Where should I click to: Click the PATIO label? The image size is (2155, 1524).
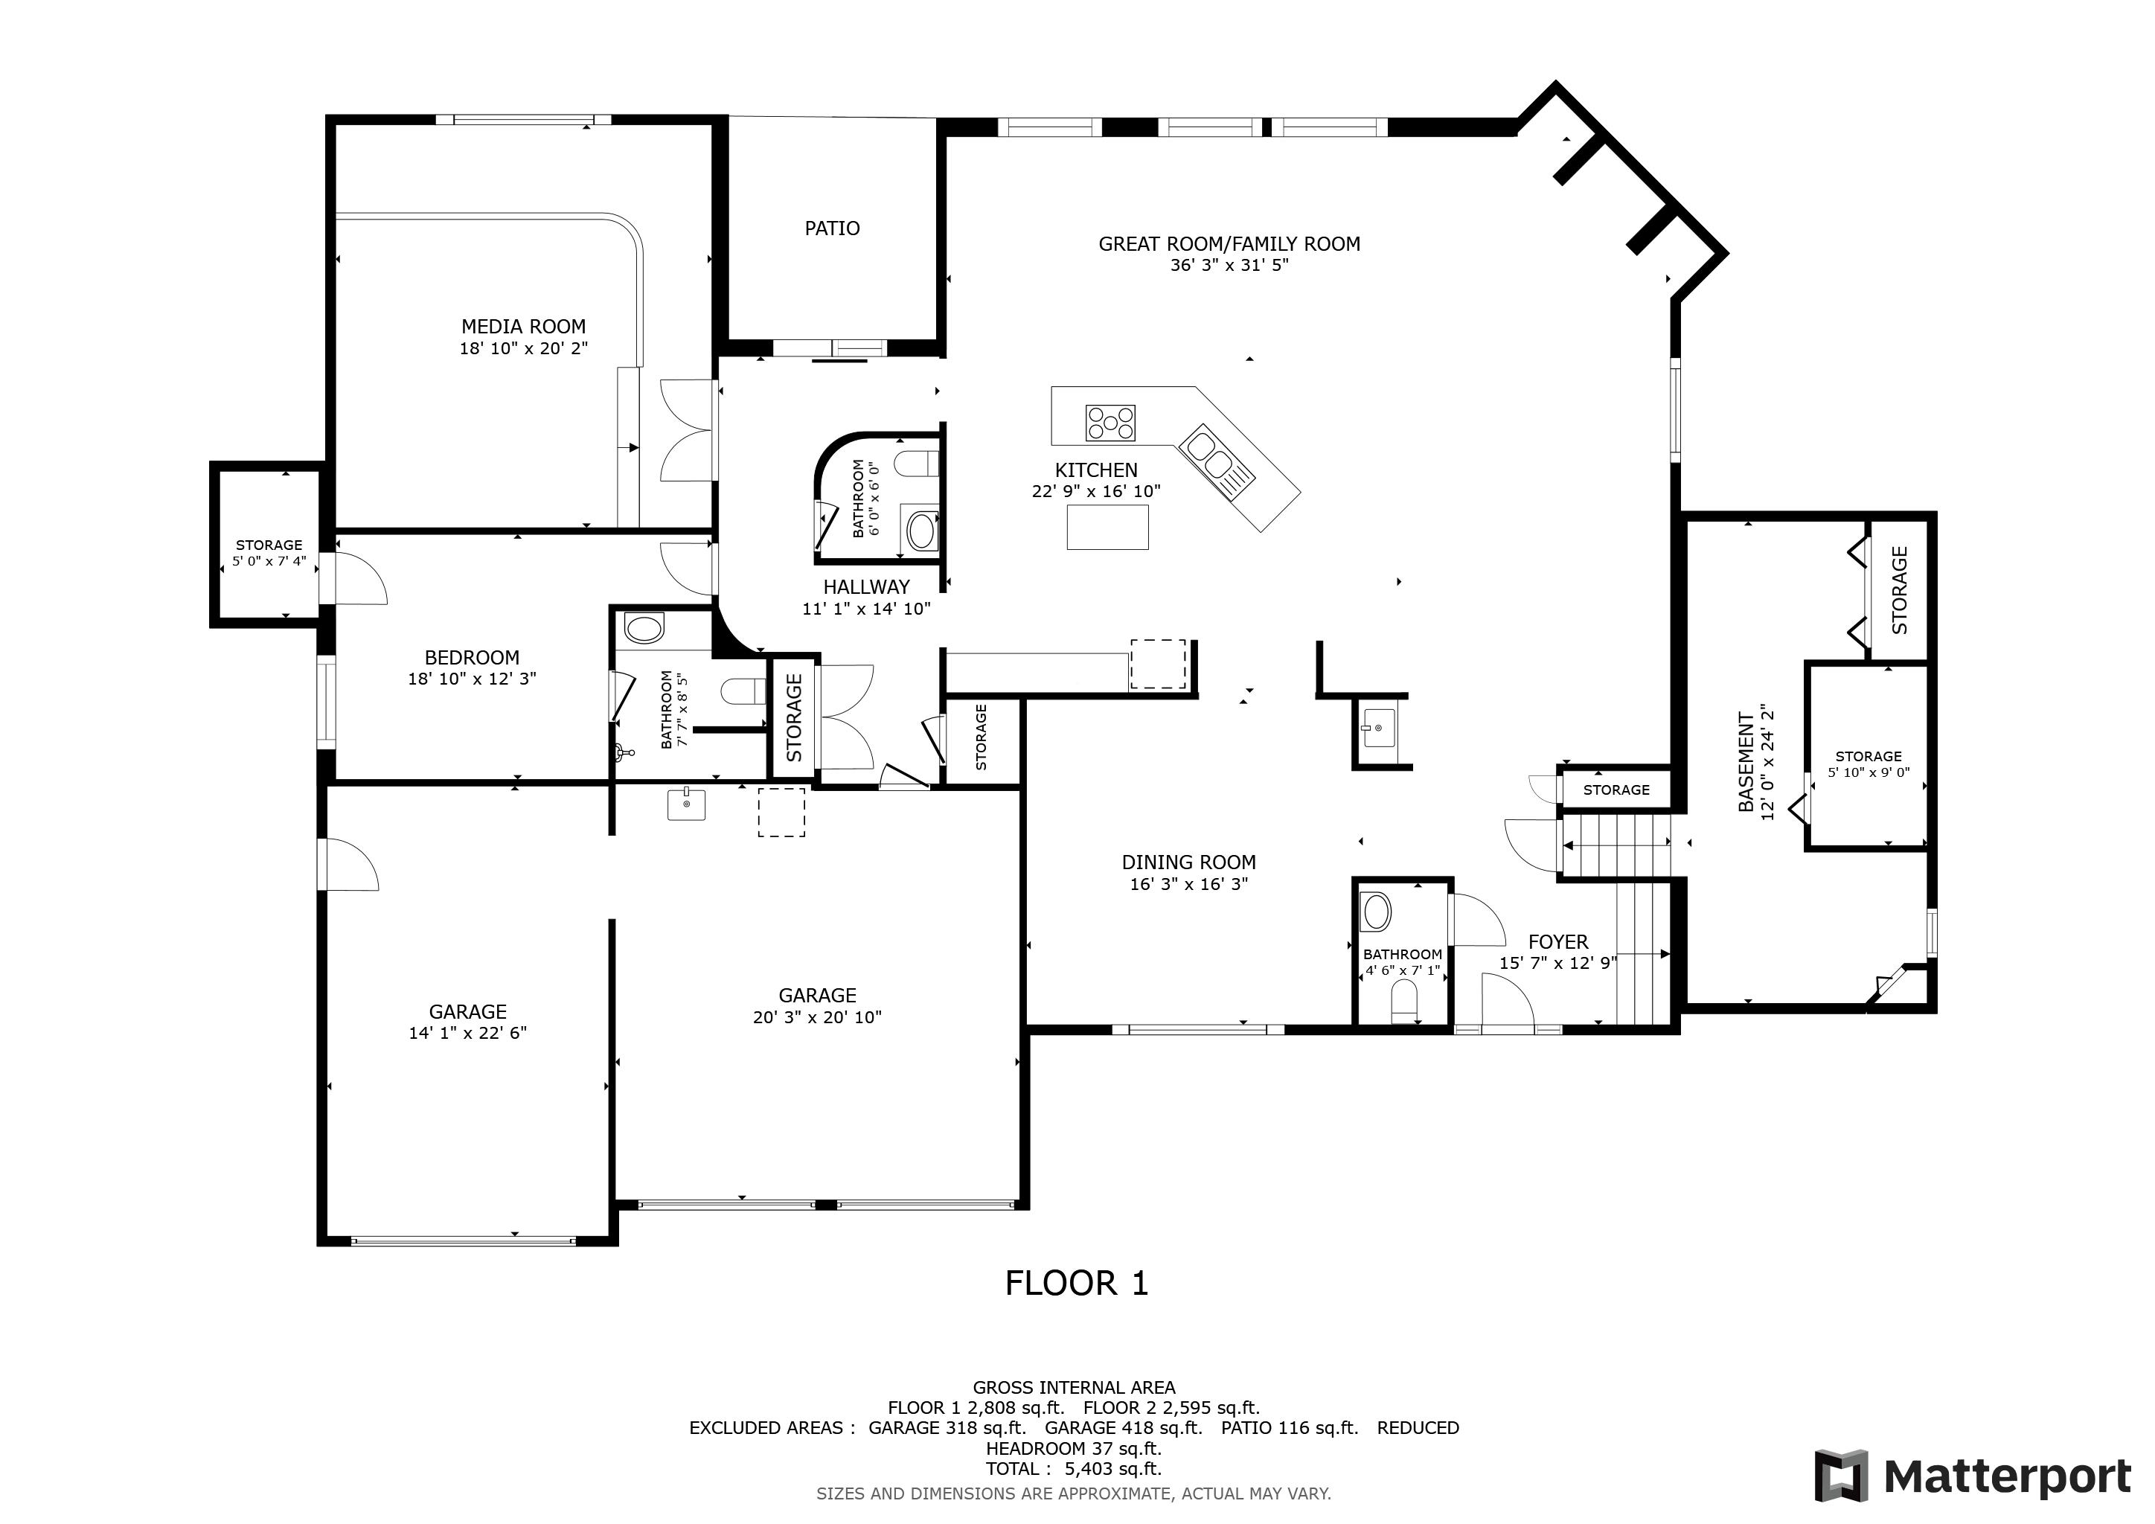point(832,228)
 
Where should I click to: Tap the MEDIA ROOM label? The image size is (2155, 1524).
point(523,327)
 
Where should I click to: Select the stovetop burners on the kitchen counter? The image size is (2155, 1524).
point(1110,422)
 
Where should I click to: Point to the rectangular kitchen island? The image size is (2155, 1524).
point(1107,526)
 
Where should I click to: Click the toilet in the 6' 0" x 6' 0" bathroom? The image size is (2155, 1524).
point(915,463)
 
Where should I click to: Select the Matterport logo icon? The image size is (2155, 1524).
point(1842,1476)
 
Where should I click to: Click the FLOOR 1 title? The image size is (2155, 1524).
point(1077,1283)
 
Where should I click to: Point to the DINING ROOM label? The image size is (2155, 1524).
point(1188,862)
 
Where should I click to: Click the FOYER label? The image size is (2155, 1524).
point(1558,942)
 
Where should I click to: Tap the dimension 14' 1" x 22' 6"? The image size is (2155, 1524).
point(467,1033)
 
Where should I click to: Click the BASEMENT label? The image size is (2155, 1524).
point(1746,762)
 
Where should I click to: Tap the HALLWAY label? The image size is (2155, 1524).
point(866,587)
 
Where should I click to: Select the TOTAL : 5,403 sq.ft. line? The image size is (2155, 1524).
point(1074,1469)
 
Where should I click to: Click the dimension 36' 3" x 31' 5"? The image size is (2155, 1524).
point(1229,265)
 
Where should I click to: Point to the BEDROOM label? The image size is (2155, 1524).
point(471,658)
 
